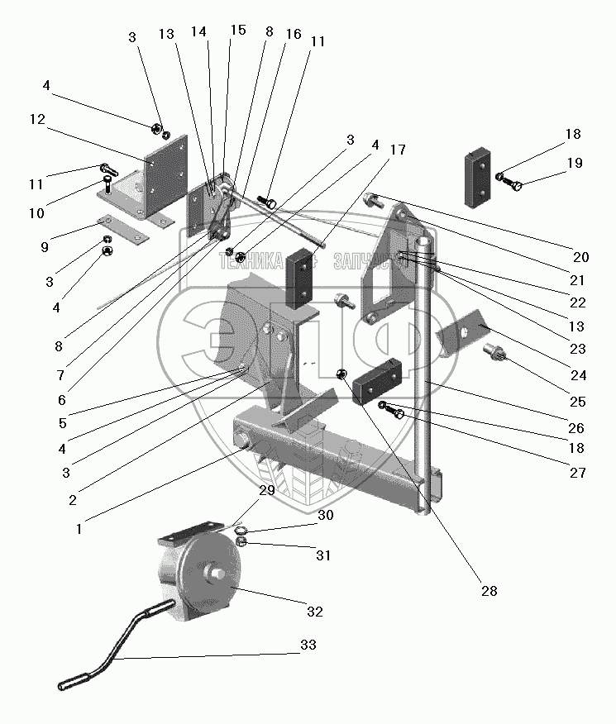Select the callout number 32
314,612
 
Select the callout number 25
576,402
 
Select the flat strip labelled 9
122,230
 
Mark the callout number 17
399,150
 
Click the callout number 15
238,31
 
